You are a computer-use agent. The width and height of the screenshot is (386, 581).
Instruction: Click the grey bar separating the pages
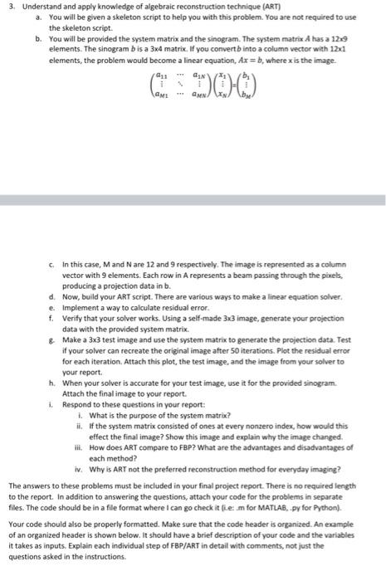pyautogui.click(x=193, y=200)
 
